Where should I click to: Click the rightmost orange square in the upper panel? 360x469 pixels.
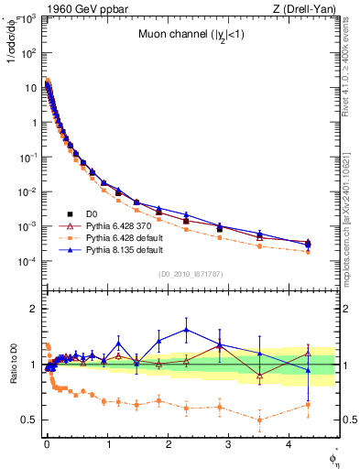[x=308, y=251]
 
